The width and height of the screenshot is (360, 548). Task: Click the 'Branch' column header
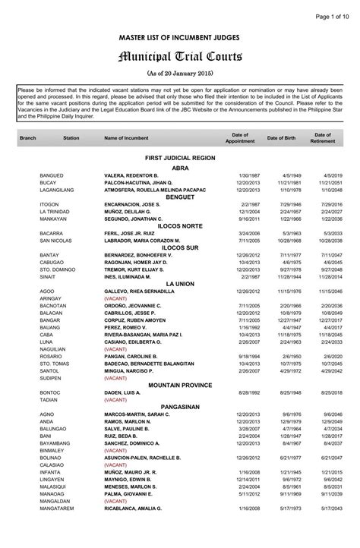[27, 138]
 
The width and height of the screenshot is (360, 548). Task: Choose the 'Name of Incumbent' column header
[126, 138]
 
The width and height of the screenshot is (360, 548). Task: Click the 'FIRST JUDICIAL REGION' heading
[180, 157]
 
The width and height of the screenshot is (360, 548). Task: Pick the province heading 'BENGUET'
[180, 197]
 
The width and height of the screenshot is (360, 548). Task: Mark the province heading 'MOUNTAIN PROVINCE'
[180, 386]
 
